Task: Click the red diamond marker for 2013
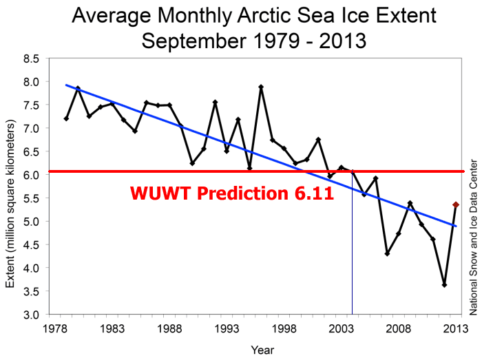pyautogui.click(x=456, y=204)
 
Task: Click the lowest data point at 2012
pyautogui.click(x=444, y=285)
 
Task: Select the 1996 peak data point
pyautogui.click(x=261, y=87)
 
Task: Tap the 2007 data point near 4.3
pyautogui.click(x=387, y=253)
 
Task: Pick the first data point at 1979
pyautogui.click(x=66, y=118)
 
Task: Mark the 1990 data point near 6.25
pyautogui.click(x=192, y=163)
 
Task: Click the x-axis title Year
pyautogui.click(x=261, y=350)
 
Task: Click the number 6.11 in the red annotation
pyautogui.click(x=311, y=193)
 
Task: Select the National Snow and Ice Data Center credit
pyautogui.click(x=472, y=237)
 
